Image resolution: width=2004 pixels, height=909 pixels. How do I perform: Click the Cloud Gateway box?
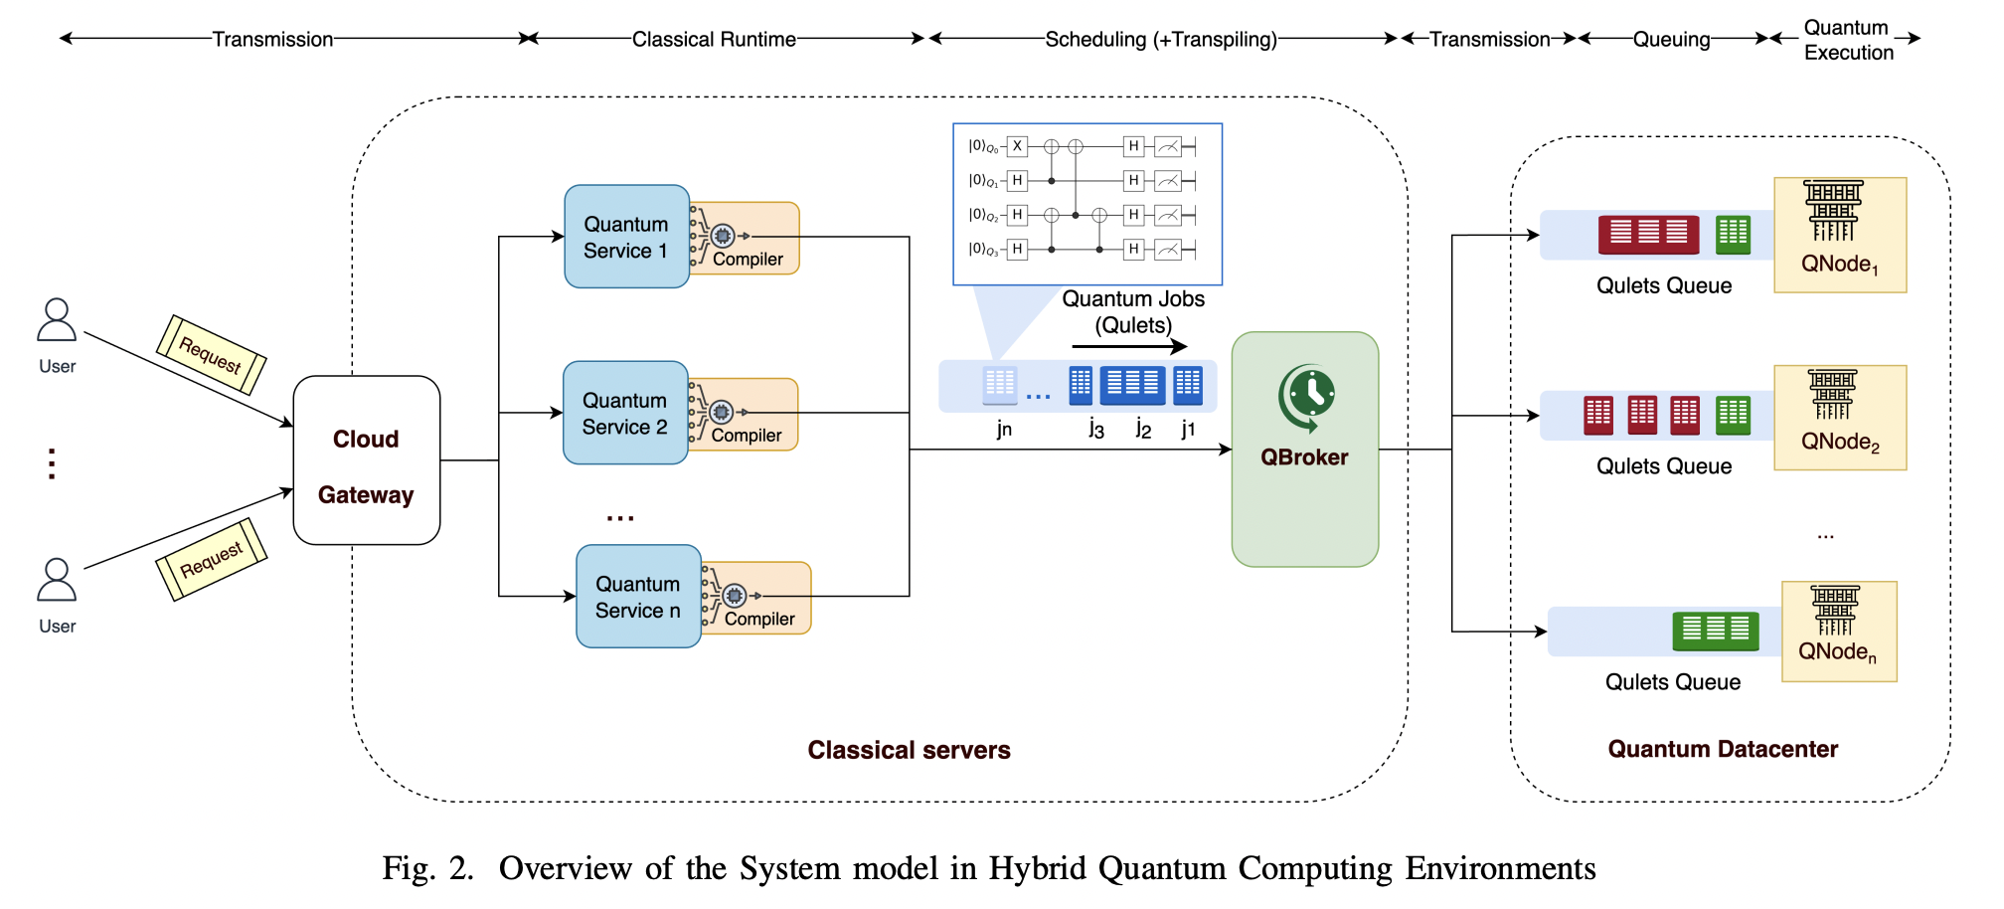tap(366, 460)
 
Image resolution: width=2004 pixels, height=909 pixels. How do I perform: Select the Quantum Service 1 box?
tap(625, 237)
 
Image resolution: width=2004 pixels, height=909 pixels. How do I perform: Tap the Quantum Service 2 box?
tap(624, 413)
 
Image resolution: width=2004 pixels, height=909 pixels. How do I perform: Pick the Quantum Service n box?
tap(637, 597)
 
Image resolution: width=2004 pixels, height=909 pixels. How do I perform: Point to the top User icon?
tap(57, 322)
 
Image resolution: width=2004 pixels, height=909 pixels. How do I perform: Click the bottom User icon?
tap(57, 582)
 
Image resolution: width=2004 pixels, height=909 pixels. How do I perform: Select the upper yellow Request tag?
tap(211, 355)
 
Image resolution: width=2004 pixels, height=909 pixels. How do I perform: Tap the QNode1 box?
tap(1839, 236)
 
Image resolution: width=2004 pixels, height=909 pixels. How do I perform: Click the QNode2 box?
tap(1839, 418)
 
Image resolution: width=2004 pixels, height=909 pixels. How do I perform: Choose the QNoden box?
tap(1838, 632)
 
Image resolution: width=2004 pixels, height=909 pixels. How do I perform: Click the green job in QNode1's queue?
tap(1733, 235)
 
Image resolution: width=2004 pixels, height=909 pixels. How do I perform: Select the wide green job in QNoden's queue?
tap(1716, 631)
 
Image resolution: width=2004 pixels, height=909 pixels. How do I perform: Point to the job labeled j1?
tap(1188, 385)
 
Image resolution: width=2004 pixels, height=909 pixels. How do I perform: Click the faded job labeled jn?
tap(999, 385)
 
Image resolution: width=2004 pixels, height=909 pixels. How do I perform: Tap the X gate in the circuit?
tap(1016, 146)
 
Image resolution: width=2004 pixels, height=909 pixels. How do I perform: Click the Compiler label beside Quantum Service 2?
tap(746, 436)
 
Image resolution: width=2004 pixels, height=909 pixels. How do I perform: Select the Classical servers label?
tap(909, 750)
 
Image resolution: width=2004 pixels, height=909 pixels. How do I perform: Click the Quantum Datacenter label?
tap(1723, 749)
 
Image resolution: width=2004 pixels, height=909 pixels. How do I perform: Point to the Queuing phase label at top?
tap(1671, 40)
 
